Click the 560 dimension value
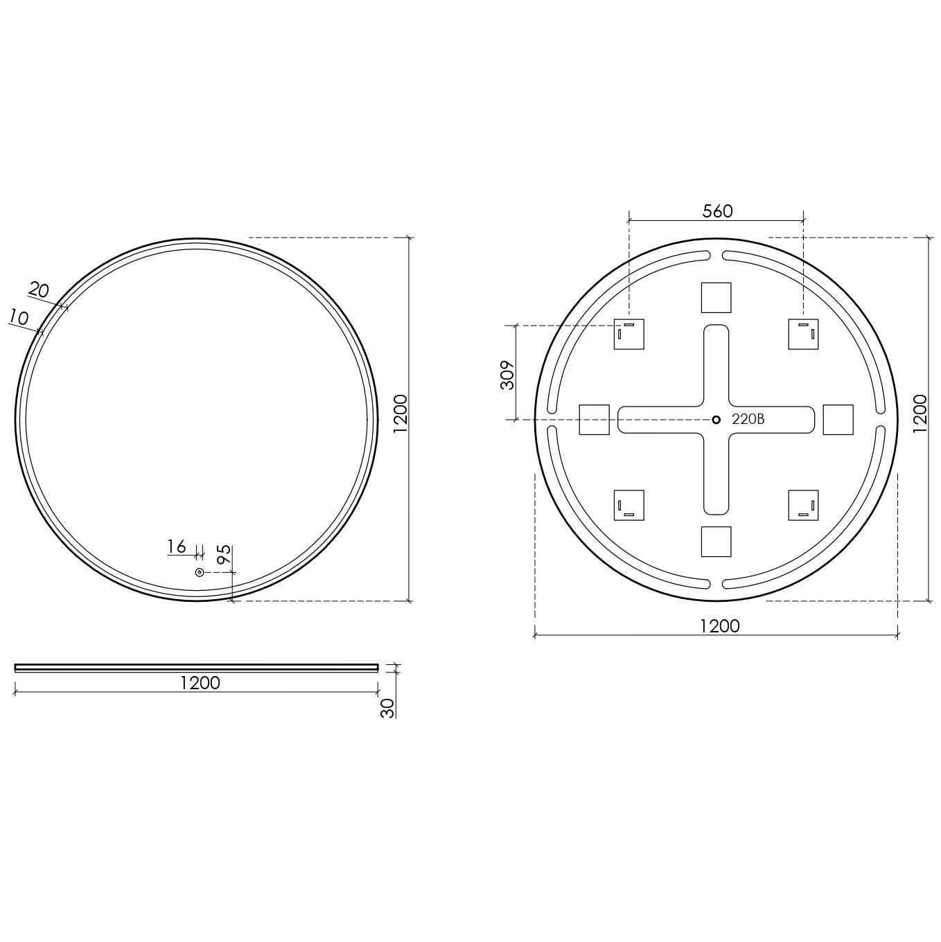717,211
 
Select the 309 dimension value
508,375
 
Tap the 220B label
748,420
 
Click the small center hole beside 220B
716,420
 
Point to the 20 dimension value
39,290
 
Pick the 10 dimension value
19,318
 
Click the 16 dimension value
177,546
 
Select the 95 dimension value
224,555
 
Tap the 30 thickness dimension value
387,709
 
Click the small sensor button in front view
200,572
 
